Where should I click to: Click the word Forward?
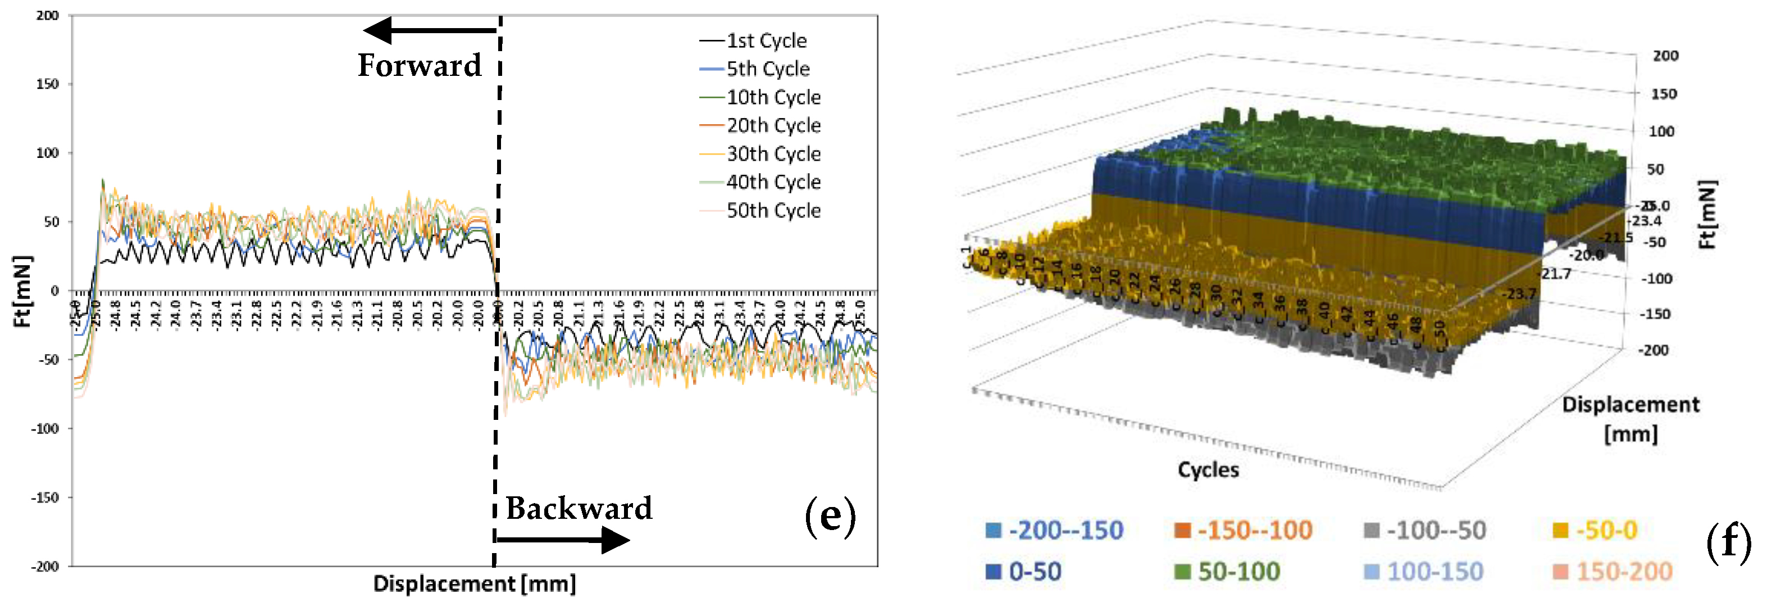tap(419, 66)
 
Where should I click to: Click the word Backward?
tap(579, 509)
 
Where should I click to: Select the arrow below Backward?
tap(562, 540)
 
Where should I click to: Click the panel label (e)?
tap(830, 516)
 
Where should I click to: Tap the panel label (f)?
tap(1728, 542)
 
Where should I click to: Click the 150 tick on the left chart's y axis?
tap(47, 84)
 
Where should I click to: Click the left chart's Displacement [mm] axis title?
tap(474, 584)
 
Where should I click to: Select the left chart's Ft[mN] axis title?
tap(22, 291)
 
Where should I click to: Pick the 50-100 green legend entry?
tap(1228, 572)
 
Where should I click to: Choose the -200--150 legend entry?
tap(1055, 531)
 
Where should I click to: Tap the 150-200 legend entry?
tap(1613, 572)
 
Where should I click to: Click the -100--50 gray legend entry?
tap(1426, 531)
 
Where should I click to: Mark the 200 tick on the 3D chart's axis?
tap(1665, 56)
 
